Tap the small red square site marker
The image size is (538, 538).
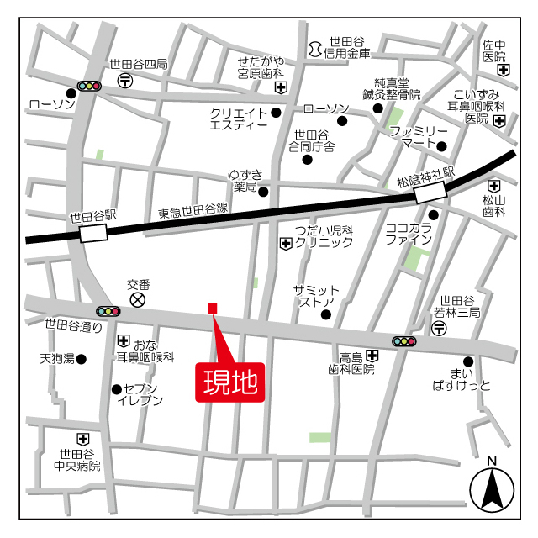213,308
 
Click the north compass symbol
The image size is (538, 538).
492,487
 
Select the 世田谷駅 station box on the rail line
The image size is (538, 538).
94,233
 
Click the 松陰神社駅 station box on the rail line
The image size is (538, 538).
430,193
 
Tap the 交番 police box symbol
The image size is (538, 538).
137,298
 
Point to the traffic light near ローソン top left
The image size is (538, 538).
88,86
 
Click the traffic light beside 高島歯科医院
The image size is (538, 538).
404,341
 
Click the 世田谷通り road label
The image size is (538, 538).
73,325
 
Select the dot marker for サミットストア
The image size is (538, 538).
326,316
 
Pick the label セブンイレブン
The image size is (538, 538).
140,394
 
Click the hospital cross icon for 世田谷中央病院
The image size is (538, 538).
82,438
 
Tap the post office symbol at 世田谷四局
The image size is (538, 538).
125,80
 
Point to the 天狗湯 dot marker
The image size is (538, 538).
82,359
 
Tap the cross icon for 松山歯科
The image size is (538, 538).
493,186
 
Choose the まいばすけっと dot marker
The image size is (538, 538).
468,361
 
